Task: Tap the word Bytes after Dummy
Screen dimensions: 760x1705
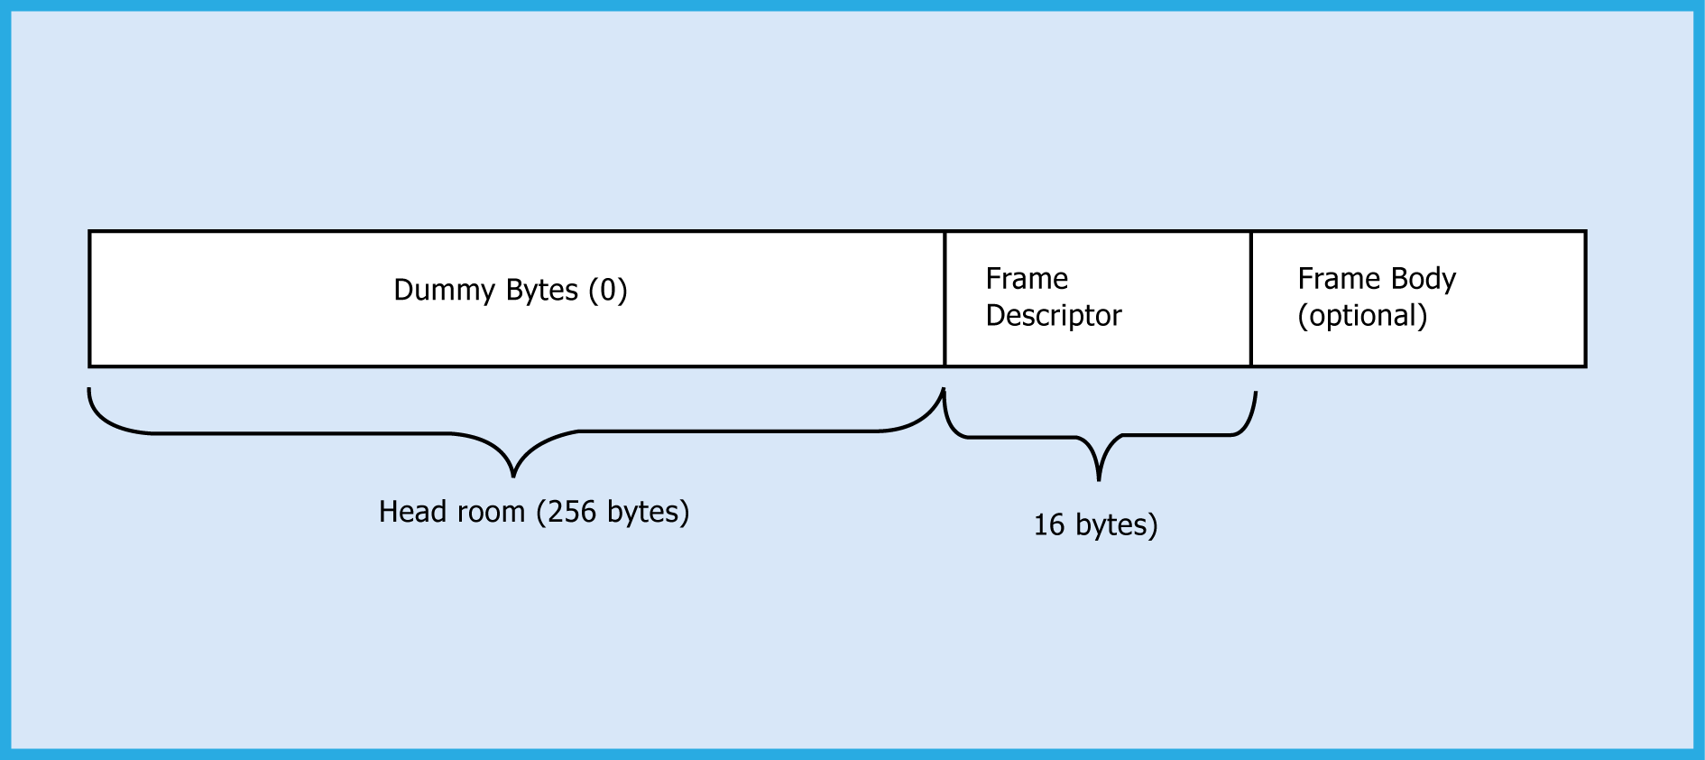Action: [x=541, y=291]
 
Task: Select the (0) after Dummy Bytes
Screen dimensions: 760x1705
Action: [x=607, y=291]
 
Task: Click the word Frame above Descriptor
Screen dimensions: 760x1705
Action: [x=1027, y=279]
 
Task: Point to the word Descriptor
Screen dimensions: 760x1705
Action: [x=1053, y=316]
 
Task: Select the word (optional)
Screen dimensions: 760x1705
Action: [x=1362, y=316]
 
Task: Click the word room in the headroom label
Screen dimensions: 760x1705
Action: [x=490, y=512]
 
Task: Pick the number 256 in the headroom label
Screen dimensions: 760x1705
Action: [x=572, y=512]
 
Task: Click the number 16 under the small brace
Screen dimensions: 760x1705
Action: [x=1048, y=525]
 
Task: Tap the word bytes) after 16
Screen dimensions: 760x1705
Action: [x=1117, y=525]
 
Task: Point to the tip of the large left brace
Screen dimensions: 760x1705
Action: [x=513, y=475]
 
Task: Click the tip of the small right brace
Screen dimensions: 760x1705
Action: [x=1099, y=478]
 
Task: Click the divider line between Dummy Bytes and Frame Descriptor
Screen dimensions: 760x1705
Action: [x=945, y=299]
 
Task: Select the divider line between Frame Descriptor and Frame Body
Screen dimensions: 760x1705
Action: [x=1251, y=299]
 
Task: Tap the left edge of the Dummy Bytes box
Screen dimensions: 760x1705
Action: [x=89, y=299]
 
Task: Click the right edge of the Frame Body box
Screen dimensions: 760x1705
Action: [x=1585, y=299]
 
